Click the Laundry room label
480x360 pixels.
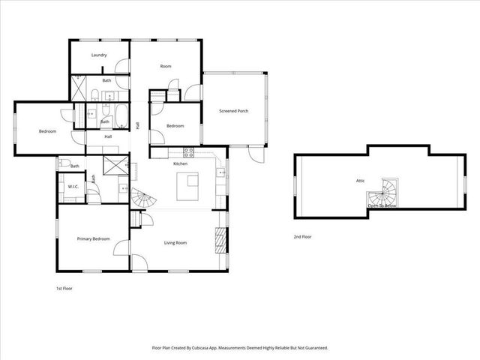98,55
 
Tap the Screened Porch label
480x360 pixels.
233,111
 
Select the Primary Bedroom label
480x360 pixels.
93,238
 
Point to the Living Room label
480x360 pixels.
175,243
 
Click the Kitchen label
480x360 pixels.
180,163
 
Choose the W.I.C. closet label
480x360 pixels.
73,186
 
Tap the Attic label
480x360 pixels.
360,181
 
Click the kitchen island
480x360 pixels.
188,187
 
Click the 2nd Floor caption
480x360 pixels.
303,237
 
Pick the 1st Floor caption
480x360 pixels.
64,288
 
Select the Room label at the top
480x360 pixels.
165,67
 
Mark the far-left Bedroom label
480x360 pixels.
47,132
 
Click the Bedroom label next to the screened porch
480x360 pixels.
175,126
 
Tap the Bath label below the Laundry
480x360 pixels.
106,80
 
